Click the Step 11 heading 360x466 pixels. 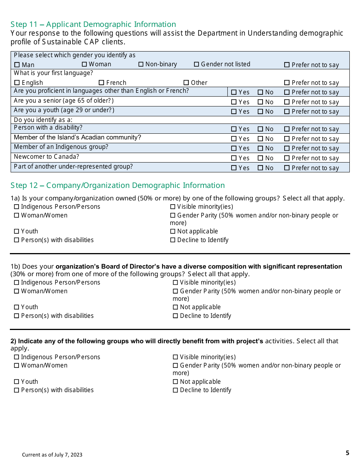[x=93, y=25]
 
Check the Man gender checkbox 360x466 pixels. [x=17, y=65]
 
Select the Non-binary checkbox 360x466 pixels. [x=141, y=64]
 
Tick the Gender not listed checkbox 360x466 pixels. [x=196, y=64]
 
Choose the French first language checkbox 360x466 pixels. [x=101, y=83]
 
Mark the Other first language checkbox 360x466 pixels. [x=186, y=83]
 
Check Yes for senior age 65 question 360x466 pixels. [x=234, y=102]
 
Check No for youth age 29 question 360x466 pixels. [x=260, y=112]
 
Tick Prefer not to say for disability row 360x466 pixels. [x=287, y=129]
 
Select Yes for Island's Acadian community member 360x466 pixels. [x=234, y=139]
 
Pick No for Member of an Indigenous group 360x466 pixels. [x=260, y=149]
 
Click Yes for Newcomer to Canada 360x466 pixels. [x=234, y=158]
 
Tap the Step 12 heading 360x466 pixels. [x=117, y=185]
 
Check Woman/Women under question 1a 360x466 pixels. [x=17, y=216]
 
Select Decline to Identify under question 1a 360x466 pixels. [x=173, y=240]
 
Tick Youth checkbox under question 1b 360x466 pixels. [x=17, y=307]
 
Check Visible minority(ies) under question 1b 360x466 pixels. [x=175, y=283]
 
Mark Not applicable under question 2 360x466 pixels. [x=175, y=382]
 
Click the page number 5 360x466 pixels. [x=347, y=453]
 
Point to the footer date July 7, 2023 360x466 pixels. [x=52, y=455]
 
